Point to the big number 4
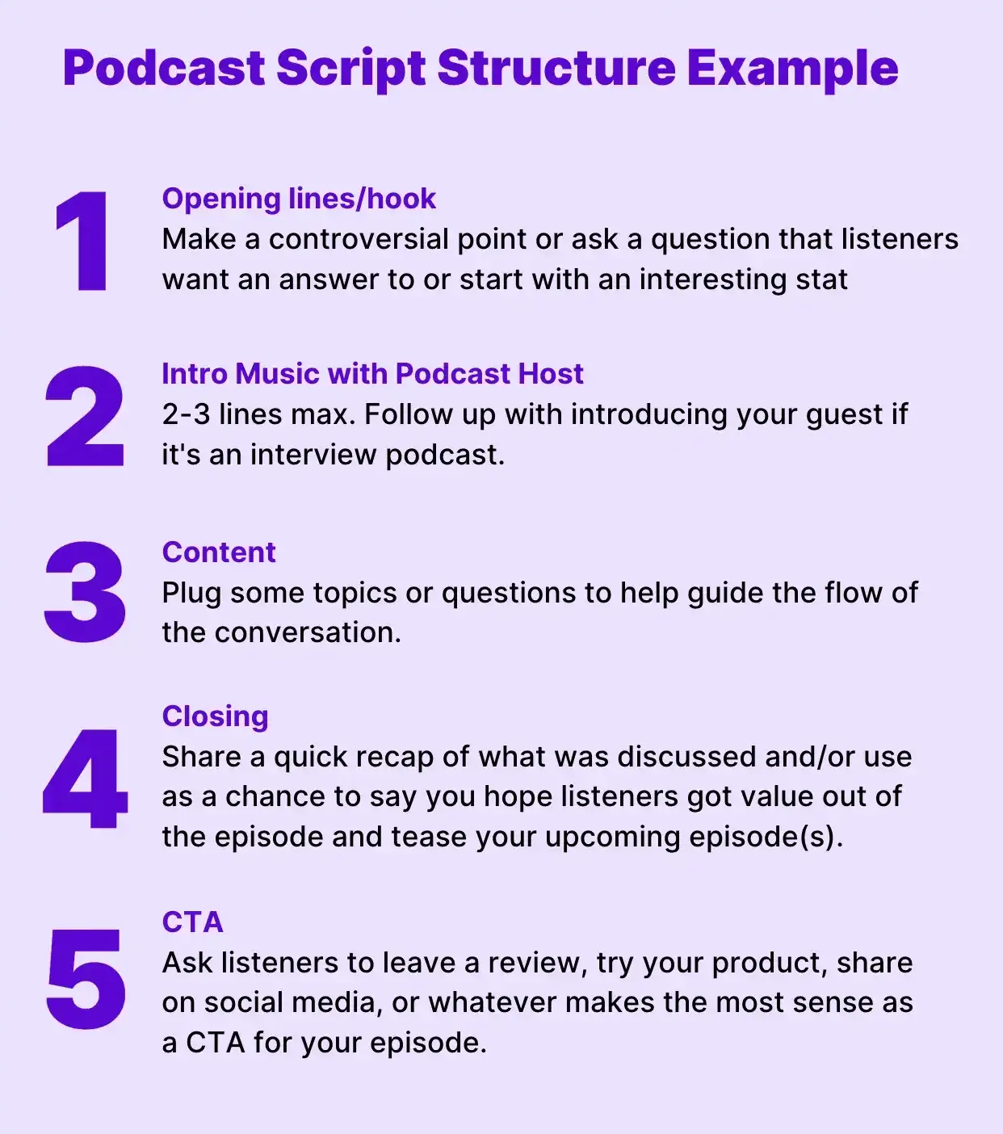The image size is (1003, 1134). tap(85, 779)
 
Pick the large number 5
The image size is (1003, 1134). tap(86, 979)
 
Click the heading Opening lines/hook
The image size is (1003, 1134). tap(299, 199)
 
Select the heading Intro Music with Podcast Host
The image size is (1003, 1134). tap(372, 374)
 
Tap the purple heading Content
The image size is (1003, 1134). tap(219, 552)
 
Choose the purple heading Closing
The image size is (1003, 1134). tap(215, 716)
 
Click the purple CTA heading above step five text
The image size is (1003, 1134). tap(192, 922)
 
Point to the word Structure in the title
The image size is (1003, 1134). tap(556, 68)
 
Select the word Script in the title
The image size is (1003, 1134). tap(350, 68)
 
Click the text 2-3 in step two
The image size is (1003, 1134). tap(186, 414)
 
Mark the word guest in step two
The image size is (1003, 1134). tap(843, 415)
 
